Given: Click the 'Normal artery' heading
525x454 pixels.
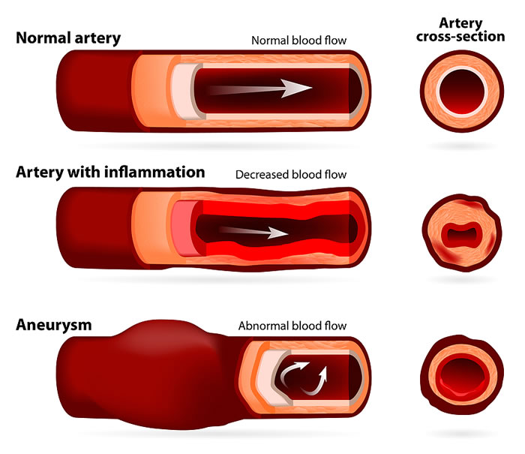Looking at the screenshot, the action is [x=68, y=38].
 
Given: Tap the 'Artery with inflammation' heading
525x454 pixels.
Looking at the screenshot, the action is [x=110, y=172].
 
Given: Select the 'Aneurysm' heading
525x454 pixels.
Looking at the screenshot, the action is [x=54, y=325].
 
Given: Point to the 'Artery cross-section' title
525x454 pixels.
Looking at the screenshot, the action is [x=460, y=30].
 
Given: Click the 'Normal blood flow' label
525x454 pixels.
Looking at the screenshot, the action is [x=299, y=41].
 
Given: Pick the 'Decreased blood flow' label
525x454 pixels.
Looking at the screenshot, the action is [x=291, y=175].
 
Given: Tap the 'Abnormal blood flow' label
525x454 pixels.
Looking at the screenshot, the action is [x=292, y=326].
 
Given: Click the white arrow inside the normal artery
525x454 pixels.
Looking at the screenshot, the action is [x=261, y=89].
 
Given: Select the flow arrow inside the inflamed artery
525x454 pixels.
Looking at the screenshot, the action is [x=253, y=232].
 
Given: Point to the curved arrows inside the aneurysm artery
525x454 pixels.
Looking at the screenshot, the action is [x=303, y=377].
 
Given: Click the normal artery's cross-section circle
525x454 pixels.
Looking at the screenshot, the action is [x=462, y=91].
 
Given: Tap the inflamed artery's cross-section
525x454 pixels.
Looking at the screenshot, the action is [x=462, y=233].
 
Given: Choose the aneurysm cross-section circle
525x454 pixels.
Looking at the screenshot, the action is [x=462, y=375].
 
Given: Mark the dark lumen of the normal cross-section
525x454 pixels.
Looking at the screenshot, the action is [x=462, y=92].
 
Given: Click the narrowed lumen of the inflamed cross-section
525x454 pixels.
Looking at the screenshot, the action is [x=462, y=233].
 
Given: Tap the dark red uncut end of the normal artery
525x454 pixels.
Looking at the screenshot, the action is [x=97, y=91].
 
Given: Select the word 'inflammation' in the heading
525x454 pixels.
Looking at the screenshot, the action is [x=154, y=172].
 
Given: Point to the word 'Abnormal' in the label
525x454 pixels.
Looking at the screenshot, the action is [x=264, y=326].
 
